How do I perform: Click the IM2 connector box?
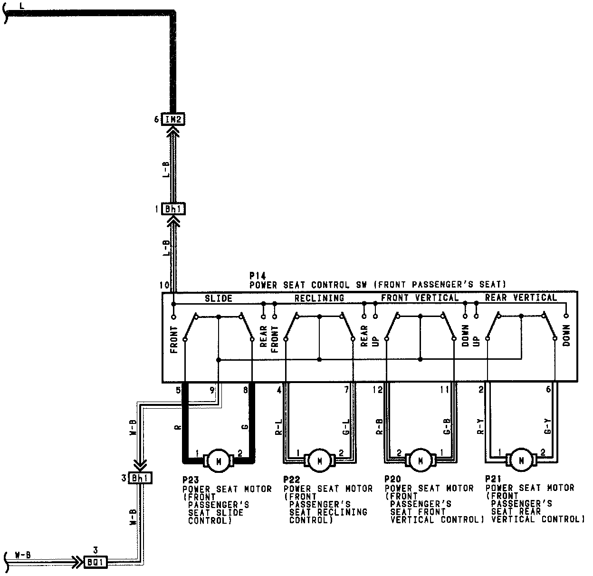point(173,119)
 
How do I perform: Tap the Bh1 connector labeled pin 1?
point(173,209)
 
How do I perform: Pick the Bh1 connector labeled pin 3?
point(140,478)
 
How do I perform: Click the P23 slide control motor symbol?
point(219,461)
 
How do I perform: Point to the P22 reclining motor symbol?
point(319,461)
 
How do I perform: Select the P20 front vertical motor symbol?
point(421,461)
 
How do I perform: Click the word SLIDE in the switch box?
point(219,298)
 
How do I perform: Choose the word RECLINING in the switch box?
point(319,298)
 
